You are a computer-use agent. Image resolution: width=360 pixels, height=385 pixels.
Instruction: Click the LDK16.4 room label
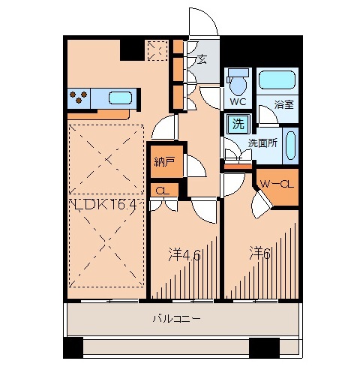[x=104, y=203]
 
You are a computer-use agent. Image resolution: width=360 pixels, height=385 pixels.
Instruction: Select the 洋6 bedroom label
[x=260, y=253]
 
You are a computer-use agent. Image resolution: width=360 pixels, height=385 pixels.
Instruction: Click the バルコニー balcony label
[x=177, y=318]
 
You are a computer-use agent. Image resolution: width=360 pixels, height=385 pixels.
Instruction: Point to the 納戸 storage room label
[x=163, y=161]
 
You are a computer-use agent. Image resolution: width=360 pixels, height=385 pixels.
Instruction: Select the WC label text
[x=238, y=101]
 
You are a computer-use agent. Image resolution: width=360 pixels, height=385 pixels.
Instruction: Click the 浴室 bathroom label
[x=283, y=104]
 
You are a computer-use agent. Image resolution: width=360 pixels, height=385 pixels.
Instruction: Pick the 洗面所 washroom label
[x=262, y=143]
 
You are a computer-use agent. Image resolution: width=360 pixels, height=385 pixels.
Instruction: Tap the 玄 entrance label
[x=202, y=60]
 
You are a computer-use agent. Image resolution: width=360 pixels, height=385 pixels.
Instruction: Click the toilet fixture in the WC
[x=238, y=80]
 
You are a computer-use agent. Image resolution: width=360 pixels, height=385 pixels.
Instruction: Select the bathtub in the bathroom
[x=277, y=80]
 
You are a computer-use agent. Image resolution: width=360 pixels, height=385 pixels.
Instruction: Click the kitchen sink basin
[x=121, y=97]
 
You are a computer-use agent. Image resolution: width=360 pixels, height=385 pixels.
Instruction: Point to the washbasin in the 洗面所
[x=292, y=144]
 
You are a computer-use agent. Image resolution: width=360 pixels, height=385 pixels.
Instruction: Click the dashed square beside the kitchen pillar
[x=157, y=50]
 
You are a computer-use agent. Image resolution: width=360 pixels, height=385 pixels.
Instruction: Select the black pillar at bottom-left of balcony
[x=73, y=347]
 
